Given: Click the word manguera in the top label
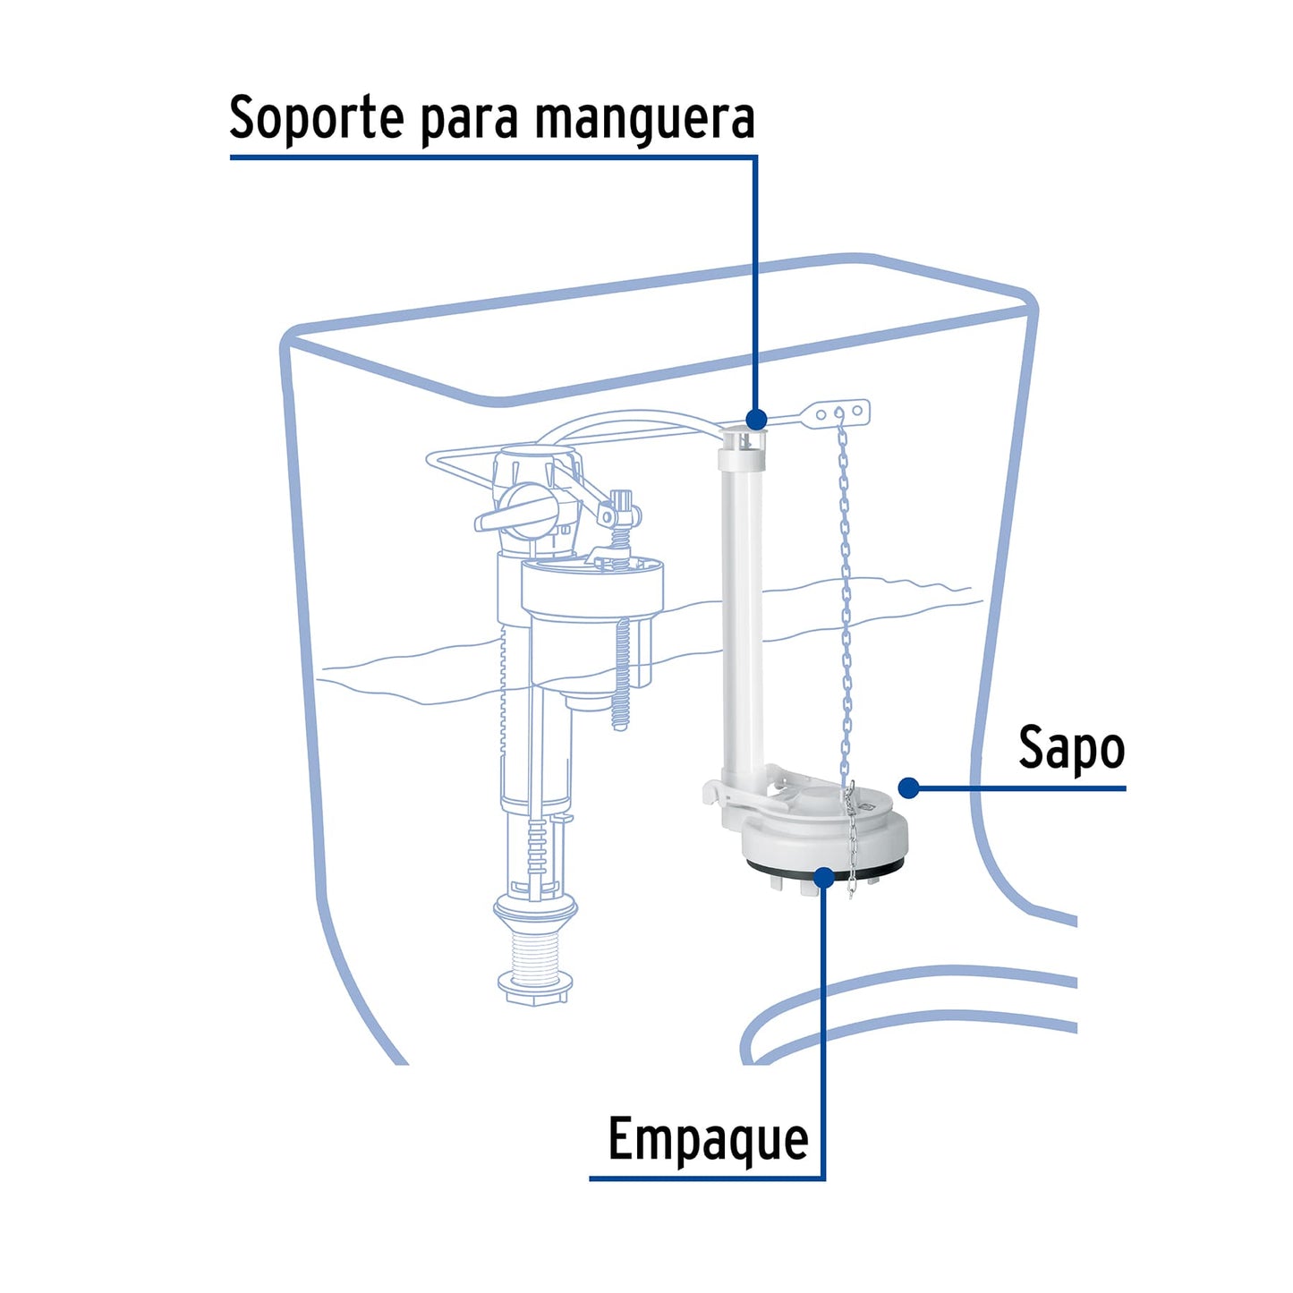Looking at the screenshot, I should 644,117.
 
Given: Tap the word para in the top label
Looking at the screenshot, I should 470,119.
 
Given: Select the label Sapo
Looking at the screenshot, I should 1071,748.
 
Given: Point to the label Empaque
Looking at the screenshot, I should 708,1139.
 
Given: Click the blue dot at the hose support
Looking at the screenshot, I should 756,419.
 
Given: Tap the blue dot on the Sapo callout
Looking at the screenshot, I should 909,787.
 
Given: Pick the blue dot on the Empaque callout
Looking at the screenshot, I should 824,877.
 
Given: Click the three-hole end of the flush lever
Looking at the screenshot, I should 841,413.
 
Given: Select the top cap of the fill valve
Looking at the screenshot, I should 528,470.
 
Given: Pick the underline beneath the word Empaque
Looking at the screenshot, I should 707,1178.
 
